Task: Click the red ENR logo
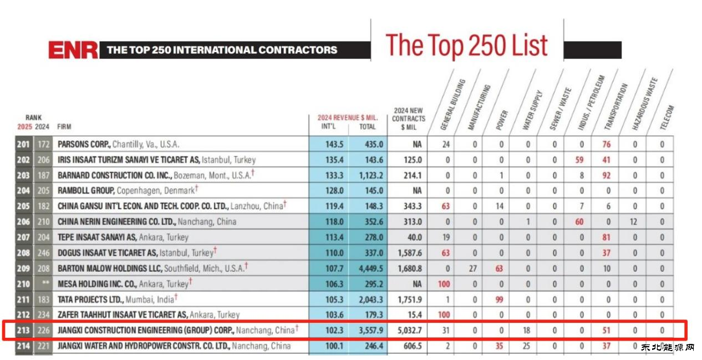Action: coord(73,50)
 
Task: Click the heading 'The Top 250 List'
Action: coord(466,45)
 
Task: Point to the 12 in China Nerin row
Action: coord(634,222)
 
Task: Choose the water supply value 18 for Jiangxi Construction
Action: coord(527,331)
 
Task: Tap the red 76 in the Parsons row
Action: coord(607,144)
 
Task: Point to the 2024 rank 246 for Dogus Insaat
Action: coord(43,253)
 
